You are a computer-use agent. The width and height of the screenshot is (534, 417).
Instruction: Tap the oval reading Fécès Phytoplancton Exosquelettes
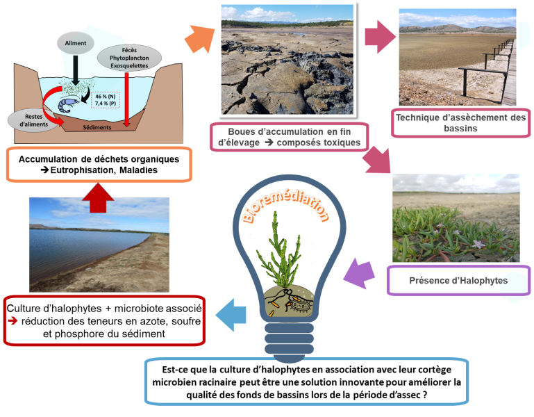pos(126,61)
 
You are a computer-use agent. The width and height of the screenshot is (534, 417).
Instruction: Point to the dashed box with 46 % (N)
pos(106,99)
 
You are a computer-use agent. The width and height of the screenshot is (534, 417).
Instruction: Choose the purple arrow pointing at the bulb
pos(360,272)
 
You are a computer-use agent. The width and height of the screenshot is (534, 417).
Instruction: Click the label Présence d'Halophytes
pos(458,280)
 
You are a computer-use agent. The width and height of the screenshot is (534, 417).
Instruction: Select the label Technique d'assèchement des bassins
pos(460,122)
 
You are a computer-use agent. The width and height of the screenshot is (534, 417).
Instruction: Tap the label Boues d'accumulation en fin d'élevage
pos(289,136)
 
